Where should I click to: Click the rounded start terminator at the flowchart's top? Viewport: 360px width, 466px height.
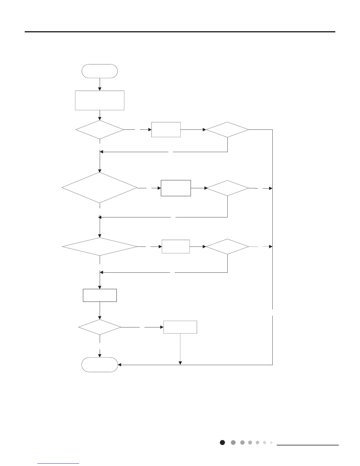(x=100, y=71)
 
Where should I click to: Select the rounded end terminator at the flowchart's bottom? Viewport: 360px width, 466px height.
(x=100, y=365)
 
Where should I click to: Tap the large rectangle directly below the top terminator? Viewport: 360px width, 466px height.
(x=100, y=100)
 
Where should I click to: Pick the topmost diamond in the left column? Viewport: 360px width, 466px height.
(x=100, y=129)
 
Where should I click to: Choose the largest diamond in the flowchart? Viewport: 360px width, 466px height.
(x=100, y=187)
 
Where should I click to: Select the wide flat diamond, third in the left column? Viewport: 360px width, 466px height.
(x=100, y=247)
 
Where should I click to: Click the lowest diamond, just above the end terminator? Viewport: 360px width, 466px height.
(x=100, y=327)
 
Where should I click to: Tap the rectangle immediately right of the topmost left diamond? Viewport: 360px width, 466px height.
(x=166, y=129)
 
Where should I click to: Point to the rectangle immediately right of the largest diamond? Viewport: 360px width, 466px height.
(x=176, y=188)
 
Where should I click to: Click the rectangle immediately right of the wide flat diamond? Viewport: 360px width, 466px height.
(x=176, y=247)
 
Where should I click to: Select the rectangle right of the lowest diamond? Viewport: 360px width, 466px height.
(x=180, y=327)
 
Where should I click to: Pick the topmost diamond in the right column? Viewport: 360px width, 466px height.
(x=227, y=129)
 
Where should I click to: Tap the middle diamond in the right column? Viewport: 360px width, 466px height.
(x=227, y=188)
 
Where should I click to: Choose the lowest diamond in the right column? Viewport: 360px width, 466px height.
(x=227, y=247)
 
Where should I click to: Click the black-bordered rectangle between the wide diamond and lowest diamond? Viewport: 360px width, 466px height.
(x=100, y=295)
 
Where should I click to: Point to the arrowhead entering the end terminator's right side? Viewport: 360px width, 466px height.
(x=120, y=365)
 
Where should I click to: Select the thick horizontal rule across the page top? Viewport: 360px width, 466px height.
(x=180, y=32)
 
